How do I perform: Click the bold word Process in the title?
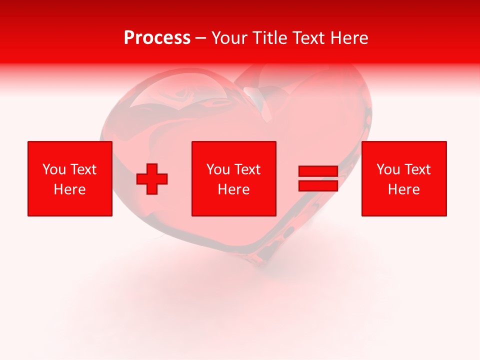pos(157,38)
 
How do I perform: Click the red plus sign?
pos(152,179)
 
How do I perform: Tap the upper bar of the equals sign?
pos(318,171)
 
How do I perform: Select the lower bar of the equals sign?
pos(318,185)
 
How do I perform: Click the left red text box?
pos(70,178)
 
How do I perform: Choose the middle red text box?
pos(234,178)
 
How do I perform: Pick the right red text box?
pos(404,178)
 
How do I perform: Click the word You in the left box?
pos(54,169)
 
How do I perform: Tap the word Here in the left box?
pos(70,189)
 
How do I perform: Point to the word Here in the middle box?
pos(234,189)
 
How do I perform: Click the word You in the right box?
pos(388,169)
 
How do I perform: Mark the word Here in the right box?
pos(404,189)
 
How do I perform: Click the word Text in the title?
pos(308,38)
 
